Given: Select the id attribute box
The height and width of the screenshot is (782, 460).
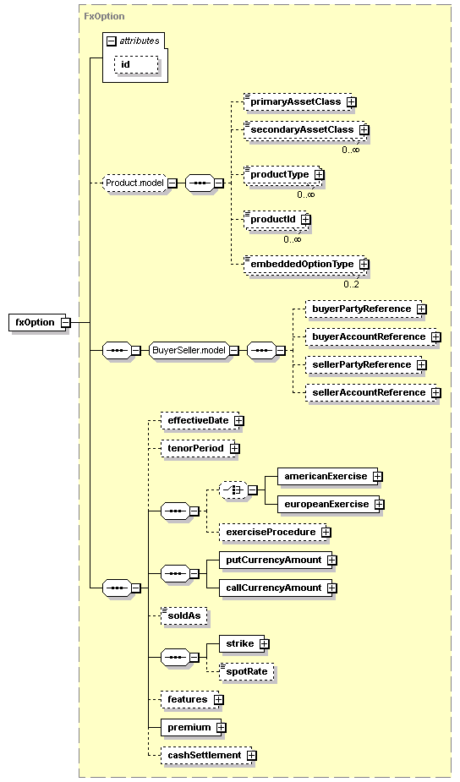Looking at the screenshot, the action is [x=137, y=65].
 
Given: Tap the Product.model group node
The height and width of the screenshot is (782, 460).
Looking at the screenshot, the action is [x=134, y=183].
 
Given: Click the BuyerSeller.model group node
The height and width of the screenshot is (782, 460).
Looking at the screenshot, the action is [x=189, y=351].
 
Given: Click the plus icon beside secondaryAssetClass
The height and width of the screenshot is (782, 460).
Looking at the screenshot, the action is [x=364, y=129].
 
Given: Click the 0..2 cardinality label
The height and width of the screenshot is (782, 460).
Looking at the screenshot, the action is [x=351, y=284].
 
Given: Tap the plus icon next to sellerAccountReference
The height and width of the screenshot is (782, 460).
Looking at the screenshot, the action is [x=436, y=393].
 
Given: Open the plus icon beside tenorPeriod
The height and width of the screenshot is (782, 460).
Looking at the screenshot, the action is [x=234, y=449].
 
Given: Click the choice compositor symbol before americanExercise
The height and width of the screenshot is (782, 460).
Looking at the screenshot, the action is [x=234, y=490].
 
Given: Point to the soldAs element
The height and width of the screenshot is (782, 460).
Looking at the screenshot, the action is [x=183, y=616].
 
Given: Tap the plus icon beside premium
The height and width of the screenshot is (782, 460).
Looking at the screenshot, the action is [x=221, y=728].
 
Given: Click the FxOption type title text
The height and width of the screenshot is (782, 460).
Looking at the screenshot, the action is [x=104, y=16].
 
